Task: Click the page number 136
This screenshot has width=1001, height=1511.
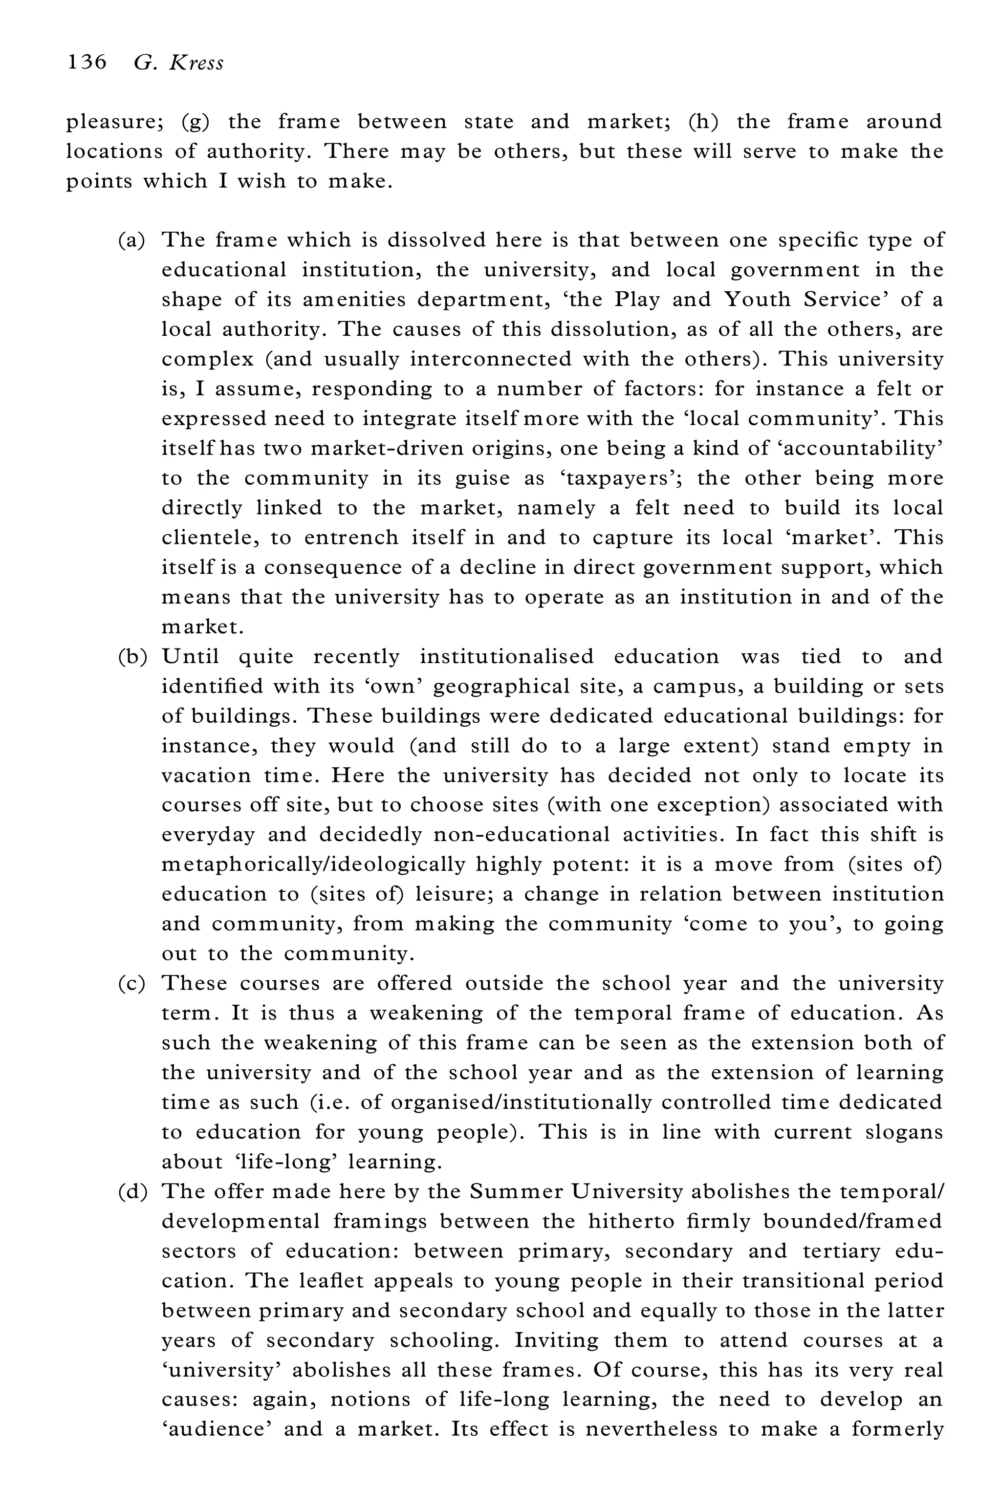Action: [87, 63]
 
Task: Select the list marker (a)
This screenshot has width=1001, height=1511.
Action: [131, 240]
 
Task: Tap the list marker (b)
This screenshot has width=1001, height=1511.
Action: [132, 657]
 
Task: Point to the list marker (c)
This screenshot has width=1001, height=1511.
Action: [131, 983]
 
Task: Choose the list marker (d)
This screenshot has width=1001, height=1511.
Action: [132, 1191]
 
